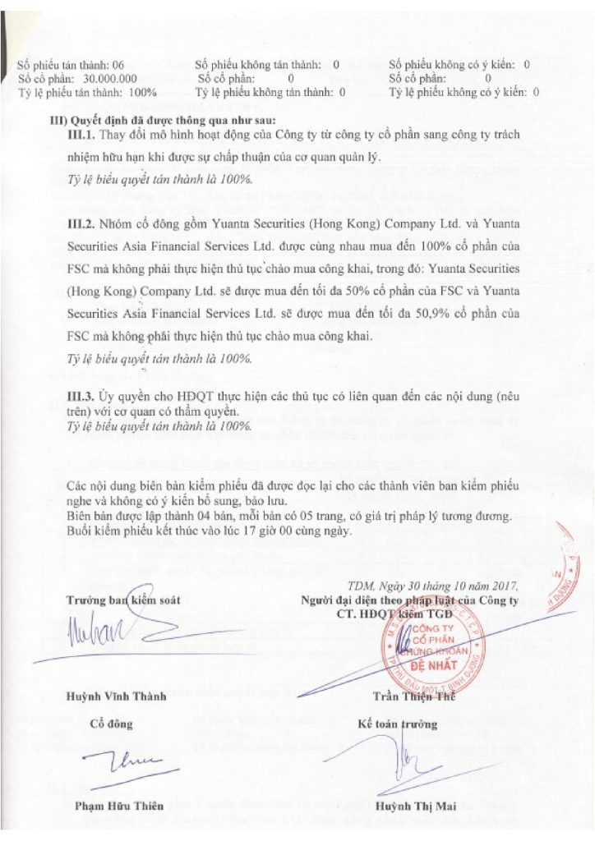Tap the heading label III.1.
click(x=82, y=134)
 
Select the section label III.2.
click(x=82, y=223)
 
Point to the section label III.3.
click(x=82, y=397)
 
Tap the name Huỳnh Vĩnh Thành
click(x=117, y=696)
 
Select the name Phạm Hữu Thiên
click(x=119, y=805)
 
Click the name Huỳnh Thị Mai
click(x=409, y=805)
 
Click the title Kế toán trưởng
click(x=399, y=724)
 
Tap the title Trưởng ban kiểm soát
click(x=123, y=600)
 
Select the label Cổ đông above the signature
click(x=111, y=724)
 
